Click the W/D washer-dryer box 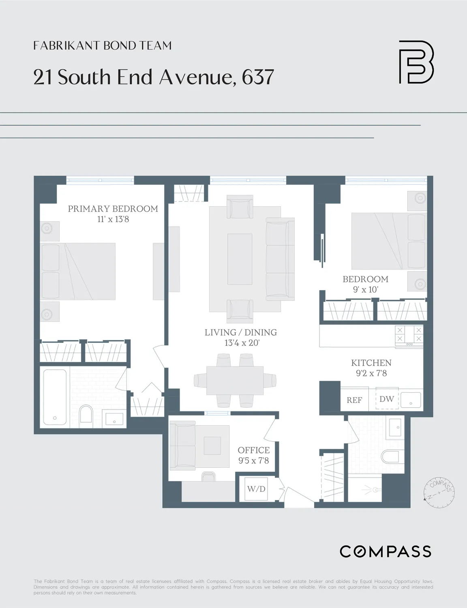(x=256, y=489)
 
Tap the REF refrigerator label (x=354, y=400)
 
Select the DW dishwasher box (x=387, y=399)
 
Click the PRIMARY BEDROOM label (x=113, y=209)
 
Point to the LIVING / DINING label (x=240, y=332)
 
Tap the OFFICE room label (x=253, y=450)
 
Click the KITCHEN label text (x=371, y=363)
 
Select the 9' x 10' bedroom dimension (x=365, y=289)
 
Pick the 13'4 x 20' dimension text (x=242, y=343)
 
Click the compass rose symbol (x=439, y=490)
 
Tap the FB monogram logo (x=416, y=62)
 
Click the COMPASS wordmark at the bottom (x=385, y=551)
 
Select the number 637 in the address (x=258, y=77)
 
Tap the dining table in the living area (x=235, y=380)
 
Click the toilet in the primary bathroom (x=86, y=414)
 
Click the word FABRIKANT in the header (x=66, y=45)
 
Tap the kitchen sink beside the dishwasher (x=411, y=400)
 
